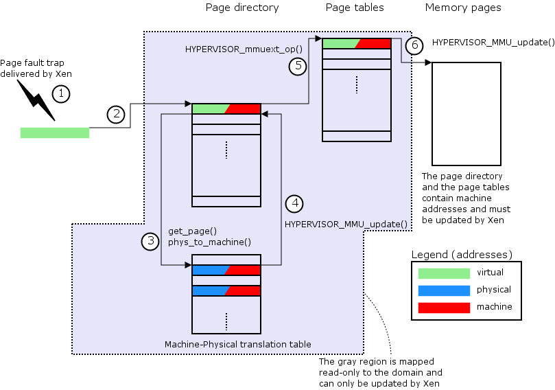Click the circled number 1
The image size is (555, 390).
(62, 94)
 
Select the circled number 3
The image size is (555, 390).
(150, 241)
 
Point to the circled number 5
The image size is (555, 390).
(296, 67)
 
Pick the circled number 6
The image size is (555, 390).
(414, 46)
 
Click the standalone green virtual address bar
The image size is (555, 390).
(55, 133)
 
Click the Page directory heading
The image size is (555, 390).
(242, 8)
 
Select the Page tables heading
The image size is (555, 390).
(355, 8)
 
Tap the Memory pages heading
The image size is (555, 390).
(463, 8)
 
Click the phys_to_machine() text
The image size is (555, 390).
(209, 242)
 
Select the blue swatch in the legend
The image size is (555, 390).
(444, 290)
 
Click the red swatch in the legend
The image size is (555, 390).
(444, 307)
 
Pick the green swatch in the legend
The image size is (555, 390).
(444, 273)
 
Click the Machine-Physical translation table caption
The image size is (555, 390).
(237, 344)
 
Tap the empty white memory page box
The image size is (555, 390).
(466, 113)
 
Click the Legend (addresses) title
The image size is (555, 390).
(462, 255)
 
